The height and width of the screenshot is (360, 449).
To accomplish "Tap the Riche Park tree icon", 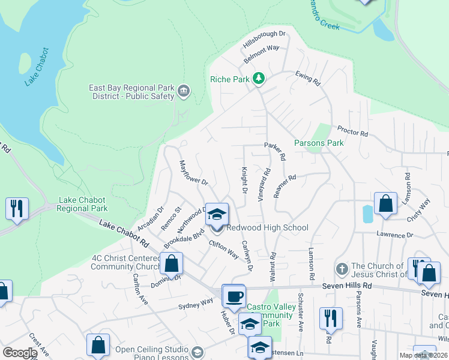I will (259, 79).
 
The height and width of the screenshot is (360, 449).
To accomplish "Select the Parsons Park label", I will (319, 143).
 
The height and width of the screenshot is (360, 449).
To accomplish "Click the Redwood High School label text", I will (267, 227).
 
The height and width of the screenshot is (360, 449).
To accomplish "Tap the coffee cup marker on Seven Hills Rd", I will (233, 296).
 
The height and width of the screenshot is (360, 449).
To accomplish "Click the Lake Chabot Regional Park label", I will (82, 204).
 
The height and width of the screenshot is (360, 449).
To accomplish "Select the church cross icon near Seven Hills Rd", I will (342, 268).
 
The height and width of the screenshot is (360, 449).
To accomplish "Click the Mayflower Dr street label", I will (193, 172).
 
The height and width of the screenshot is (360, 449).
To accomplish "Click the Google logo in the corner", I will (19, 353).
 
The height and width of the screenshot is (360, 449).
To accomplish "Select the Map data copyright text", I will (423, 355).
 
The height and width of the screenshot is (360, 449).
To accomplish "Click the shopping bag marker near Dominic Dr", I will (171, 263).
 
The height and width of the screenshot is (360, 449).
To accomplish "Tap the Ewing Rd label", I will (308, 77).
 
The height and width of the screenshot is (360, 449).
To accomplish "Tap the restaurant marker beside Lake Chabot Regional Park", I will (16, 209).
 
